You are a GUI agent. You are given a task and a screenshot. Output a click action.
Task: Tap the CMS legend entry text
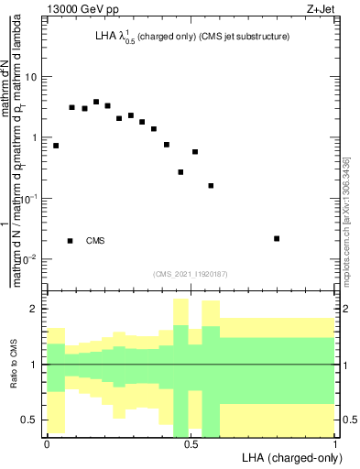pyautogui.click(x=95, y=241)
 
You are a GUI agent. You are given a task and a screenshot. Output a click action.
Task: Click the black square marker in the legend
pyautogui.click(x=71, y=240)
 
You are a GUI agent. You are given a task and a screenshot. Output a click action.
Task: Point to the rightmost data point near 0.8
pyautogui.click(x=277, y=238)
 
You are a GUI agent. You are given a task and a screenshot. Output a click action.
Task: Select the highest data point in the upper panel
pyautogui.click(x=96, y=102)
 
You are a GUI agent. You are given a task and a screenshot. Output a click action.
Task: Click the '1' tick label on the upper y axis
pyautogui.click(x=35, y=137)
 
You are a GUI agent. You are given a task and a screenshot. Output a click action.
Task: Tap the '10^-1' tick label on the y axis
pyautogui.click(x=29, y=197)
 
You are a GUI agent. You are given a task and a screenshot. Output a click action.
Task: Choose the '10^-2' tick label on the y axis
pyautogui.click(x=29, y=258)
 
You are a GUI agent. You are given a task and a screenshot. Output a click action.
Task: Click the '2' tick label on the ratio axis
pyautogui.click(x=35, y=310)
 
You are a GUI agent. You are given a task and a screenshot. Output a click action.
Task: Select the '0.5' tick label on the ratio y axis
pyautogui.click(x=29, y=420)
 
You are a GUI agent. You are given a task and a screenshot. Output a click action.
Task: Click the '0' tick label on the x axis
pyautogui.click(x=47, y=444)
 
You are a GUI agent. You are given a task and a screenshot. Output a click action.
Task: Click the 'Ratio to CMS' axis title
pyautogui.click(x=13, y=365)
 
